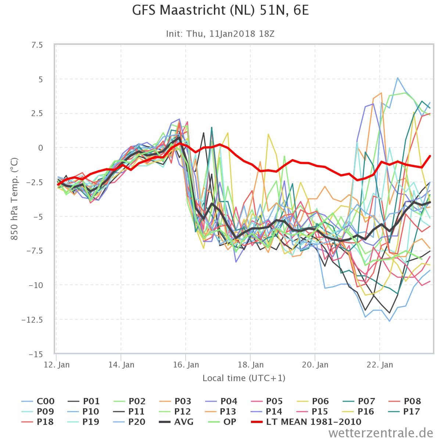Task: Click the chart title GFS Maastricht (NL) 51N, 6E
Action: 220,10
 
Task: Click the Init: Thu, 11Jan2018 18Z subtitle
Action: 220,34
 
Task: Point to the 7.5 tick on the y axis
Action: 37,45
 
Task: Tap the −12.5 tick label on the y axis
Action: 32,320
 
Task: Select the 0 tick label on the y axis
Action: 40,148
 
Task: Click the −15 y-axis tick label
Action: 36,355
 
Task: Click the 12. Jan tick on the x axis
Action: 57,365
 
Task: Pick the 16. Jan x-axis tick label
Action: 186,365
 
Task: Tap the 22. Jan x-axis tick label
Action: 380,365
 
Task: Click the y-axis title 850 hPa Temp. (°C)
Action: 14,199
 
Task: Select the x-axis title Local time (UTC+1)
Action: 244,378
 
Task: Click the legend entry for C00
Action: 38,401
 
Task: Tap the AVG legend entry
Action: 176,422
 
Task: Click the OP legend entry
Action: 222,422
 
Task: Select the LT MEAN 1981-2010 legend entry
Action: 306,422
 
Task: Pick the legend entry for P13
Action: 221,411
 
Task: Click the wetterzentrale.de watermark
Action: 381,433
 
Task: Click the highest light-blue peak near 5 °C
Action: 398,78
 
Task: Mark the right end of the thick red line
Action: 430,156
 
